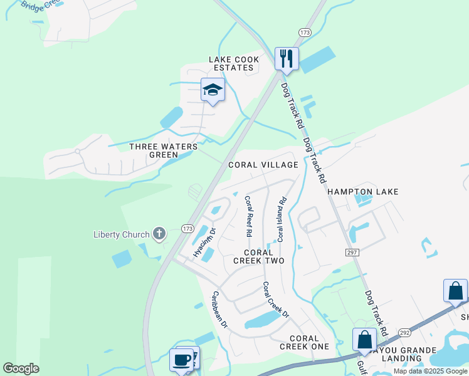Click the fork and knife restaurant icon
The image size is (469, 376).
pyautogui.click(x=287, y=59)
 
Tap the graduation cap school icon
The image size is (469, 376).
pyautogui.click(x=213, y=90)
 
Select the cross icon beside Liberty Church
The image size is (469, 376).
pyautogui.click(x=159, y=235)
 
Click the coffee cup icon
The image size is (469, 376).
pyautogui.click(x=181, y=360)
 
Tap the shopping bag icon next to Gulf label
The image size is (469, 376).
pyautogui.click(x=364, y=340)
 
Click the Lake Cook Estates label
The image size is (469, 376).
pyautogui.click(x=231, y=63)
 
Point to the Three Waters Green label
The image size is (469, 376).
pyautogui.click(x=162, y=150)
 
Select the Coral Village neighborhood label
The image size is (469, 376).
pyautogui.click(x=263, y=165)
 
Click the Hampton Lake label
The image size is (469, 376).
pyautogui.click(x=363, y=192)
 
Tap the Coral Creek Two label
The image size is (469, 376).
pyautogui.click(x=259, y=256)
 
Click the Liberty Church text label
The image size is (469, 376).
pyautogui.click(x=122, y=235)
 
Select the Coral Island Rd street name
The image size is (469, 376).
pyautogui.click(x=282, y=219)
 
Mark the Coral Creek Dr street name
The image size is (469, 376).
pyautogui.click(x=275, y=300)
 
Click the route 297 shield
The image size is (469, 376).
pyautogui.click(x=350, y=251)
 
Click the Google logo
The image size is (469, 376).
pyautogui.click(x=21, y=368)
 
